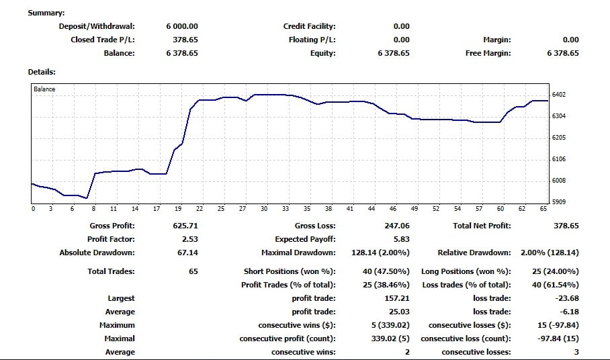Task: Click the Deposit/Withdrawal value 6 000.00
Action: tap(182, 26)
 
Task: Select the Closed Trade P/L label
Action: tap(103, 40)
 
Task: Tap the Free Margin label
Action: tap(488, 53)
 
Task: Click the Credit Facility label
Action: tap(309, 26)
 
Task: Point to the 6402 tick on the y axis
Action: tap(558, 95)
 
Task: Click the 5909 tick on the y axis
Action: tap(558, 201)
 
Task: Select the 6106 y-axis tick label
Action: tap(558, 159)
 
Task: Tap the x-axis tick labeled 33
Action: tap(286, 209)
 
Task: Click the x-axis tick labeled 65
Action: tap(543, 209)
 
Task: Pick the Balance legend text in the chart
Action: tap(44, 89)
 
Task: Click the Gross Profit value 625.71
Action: tap(185, 226)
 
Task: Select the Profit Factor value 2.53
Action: tap(190, 239)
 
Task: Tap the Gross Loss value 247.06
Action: tap(396, 226)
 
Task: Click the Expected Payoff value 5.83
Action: tap(401, 239)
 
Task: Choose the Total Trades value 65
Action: tap(193, 271)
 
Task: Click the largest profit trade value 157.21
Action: tap(396, 298)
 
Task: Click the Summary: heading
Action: tap(46, 13)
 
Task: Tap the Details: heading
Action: tap(42, 71)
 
